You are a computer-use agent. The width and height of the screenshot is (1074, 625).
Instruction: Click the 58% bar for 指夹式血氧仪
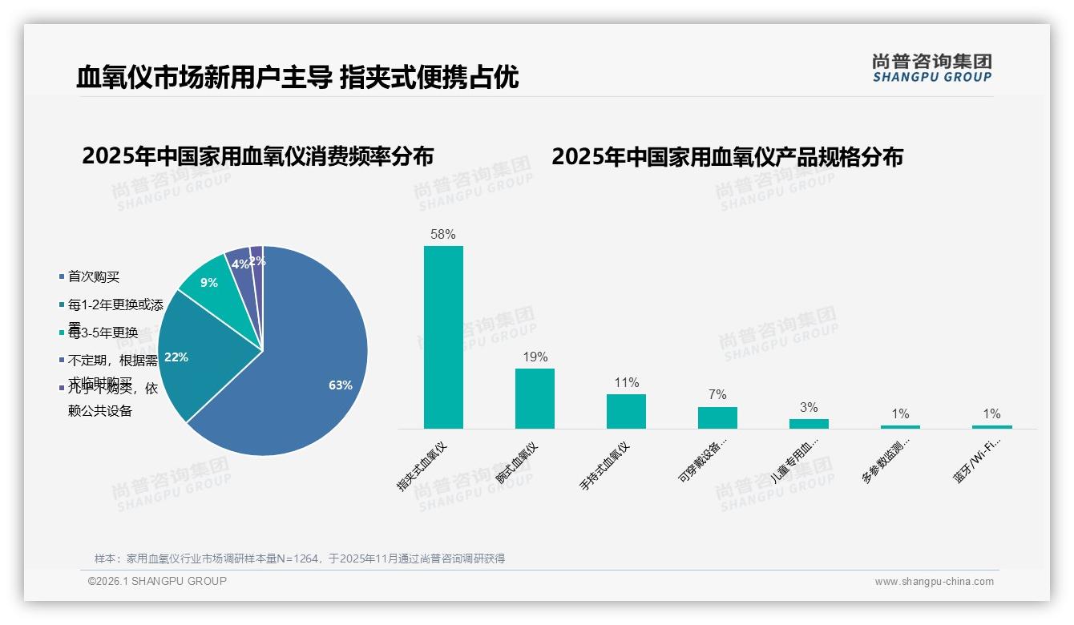[443, 337]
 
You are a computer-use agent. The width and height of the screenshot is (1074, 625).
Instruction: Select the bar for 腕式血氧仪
[535, 398]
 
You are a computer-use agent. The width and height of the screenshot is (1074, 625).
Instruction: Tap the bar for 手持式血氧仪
[626, 411]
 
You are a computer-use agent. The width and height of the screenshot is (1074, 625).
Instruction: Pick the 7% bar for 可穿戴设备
[717, 417]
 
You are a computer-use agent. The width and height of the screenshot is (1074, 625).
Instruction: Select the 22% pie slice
[192, 353]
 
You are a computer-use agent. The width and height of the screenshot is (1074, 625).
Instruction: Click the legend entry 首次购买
[94, 276]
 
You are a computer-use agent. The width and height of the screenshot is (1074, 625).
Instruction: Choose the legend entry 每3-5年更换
[103, 333]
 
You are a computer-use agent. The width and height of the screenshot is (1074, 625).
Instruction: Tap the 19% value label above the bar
[535, 357]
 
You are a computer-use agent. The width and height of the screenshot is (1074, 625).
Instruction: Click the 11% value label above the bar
[626, 383]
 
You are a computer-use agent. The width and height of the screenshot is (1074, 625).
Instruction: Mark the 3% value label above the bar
[809, 408]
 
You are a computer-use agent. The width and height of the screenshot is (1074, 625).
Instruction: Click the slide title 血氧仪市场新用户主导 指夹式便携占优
[297, 77]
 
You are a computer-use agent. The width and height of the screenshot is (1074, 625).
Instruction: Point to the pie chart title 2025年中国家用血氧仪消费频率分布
[257, 156]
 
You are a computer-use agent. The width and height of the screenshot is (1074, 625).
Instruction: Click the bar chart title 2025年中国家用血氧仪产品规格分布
[727, 157]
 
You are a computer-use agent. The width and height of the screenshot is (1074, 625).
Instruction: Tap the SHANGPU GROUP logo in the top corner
[931, 68]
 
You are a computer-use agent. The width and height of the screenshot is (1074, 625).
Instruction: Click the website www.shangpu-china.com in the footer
[934, 582]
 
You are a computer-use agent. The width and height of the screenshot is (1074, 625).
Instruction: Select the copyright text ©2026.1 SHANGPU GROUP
[157, 581]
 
